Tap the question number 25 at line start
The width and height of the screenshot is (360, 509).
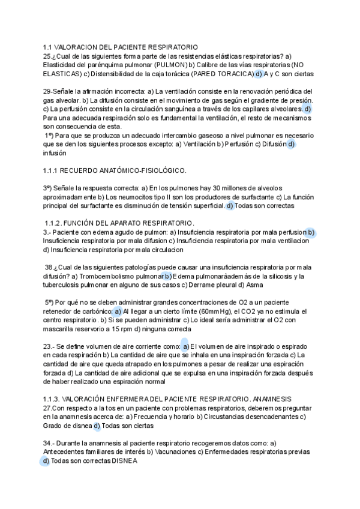[x=47, y=56]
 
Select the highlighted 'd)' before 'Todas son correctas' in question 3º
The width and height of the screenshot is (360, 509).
[x=230, y=206]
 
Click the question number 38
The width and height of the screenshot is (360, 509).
[x=49, y=267]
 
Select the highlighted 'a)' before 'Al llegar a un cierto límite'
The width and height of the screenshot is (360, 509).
[x=118, y=312]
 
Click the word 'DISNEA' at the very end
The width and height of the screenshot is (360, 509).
[x=124, y=462]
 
